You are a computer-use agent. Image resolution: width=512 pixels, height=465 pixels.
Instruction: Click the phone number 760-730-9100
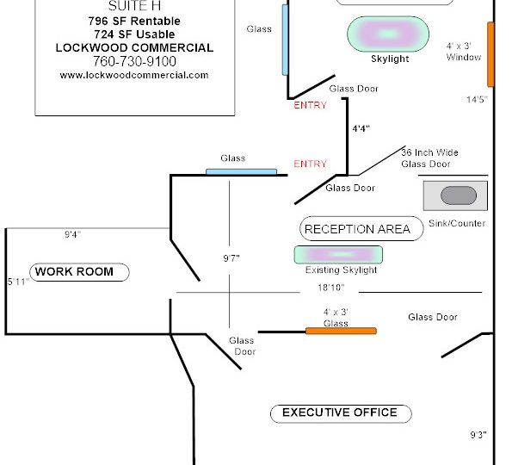point(134,61)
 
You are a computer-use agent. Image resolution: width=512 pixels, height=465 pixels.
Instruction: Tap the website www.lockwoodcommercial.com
point(134,75)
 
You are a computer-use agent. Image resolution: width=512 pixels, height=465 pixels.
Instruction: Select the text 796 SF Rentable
point(134,21)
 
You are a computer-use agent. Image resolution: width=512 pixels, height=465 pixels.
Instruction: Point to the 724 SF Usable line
point(134,34)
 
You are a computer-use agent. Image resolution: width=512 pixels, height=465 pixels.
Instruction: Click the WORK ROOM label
point(75,271)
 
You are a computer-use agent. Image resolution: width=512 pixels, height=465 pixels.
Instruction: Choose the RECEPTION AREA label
point(358,229)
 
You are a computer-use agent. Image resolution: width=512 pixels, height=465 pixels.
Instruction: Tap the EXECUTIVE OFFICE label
point(340,412)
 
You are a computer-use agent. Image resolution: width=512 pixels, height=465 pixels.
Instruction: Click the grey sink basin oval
point(459,195)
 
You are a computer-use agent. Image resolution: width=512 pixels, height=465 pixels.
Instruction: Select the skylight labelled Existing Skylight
point(339,255)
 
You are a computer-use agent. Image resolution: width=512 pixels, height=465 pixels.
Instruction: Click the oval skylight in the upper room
point(388,34)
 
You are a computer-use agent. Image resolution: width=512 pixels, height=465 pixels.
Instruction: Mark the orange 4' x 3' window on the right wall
point(490,54)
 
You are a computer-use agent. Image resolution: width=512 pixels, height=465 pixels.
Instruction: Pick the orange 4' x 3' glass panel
point(341,331)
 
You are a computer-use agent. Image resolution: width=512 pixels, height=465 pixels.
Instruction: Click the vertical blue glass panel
point(285,40)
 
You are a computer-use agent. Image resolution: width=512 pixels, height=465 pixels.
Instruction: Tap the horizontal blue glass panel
point(241,172)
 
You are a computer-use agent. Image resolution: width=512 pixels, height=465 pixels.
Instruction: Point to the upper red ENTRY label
point(310,105)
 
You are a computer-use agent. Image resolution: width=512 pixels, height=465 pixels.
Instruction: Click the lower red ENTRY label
point(310,164)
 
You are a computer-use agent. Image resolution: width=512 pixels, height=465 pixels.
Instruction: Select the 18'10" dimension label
point(331,288)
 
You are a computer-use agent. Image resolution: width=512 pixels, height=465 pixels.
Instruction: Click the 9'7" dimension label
point(231,258)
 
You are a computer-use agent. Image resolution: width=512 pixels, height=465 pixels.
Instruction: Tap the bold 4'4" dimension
point(361,128)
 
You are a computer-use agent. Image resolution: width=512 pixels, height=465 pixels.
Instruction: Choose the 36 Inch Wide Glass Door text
point(429,158)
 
